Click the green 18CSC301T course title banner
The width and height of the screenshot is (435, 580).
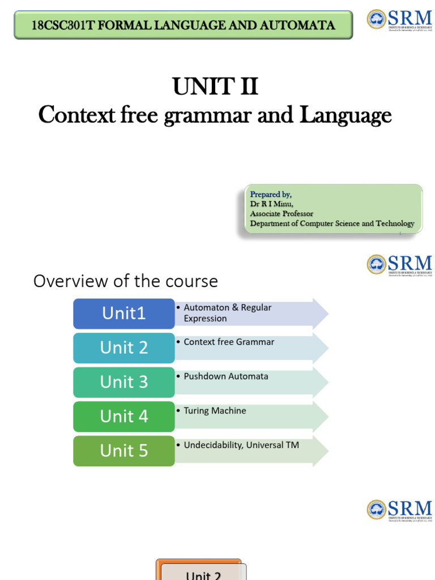tap(183, 25)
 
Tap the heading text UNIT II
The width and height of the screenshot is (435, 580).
tap(215, 87)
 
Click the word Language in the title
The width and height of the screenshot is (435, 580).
tap(345, 115)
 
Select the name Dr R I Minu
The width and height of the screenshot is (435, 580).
tap(272, 204)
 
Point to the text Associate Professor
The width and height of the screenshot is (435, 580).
tap(282, 214)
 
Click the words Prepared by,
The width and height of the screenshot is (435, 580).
tap(271, 194)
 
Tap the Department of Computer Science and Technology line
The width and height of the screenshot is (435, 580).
tap(332, 223)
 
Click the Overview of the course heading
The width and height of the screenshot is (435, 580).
tap(125, 281)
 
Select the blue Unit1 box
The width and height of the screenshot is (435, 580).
tap(123, 313)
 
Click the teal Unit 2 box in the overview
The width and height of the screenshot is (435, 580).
tap(123, 348)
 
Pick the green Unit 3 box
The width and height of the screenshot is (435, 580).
tap(123, 382)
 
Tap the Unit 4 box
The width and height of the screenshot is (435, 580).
tap(123, 416)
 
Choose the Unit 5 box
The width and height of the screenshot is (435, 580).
tap(123, 451)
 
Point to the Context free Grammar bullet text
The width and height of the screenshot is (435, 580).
tap(229, 342)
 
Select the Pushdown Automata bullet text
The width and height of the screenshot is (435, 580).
tap(226, 376)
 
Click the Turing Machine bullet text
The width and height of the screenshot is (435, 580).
tap(215, 411)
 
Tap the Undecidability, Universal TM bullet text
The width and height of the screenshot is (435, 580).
tap(241, 445)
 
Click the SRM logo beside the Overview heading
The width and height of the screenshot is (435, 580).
tap(399, 265)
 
